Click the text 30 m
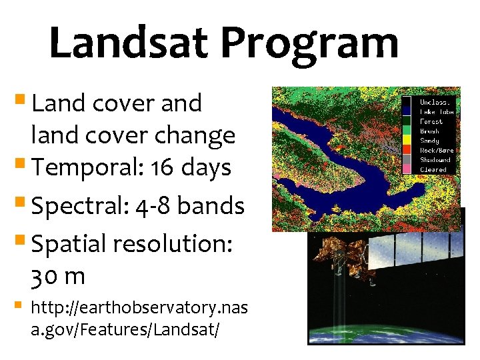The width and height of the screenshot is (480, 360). click(58, 275)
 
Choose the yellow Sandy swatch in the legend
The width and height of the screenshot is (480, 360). click(407, 141)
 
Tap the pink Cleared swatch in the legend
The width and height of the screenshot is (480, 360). click(407, 169)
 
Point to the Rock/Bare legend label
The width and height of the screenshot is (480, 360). click(436, 151)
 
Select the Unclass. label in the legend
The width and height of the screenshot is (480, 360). click(435, 103)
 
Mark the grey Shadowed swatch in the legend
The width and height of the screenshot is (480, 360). click(407, 160)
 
